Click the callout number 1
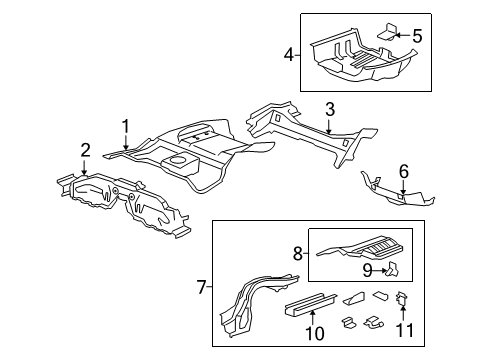click(x=126, y=125)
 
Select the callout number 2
click(x=86, y=151)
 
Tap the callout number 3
click(x=328, y=108)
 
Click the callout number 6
click(x=403, y=171)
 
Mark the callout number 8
click(x=299, y=255)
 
